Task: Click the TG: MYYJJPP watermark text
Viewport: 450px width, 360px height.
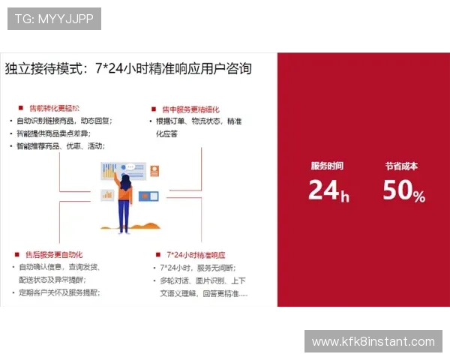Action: tap(54, 19)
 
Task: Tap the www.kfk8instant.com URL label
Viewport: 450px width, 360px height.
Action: tap(373, 342)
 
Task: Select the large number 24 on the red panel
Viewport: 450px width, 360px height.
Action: tap(324, 190)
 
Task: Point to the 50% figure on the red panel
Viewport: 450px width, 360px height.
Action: tap(403, 191)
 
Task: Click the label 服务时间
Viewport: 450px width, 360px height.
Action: tap(328, 166)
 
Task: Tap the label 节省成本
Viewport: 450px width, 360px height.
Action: tap(402, 166)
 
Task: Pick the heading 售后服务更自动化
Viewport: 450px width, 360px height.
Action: tap(53, 254)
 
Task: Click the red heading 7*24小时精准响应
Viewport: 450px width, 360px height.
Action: tap(196, 254)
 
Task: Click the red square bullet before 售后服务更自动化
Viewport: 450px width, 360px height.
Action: tap(16, 254)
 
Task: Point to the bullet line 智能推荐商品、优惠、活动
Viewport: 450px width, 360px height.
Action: tap(61, 146)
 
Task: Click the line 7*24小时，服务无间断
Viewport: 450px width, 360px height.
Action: tap(197, 268)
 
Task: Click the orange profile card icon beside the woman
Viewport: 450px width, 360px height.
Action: tap(154, 170)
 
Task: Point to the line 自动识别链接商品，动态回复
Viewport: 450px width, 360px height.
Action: tap(64, 121)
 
